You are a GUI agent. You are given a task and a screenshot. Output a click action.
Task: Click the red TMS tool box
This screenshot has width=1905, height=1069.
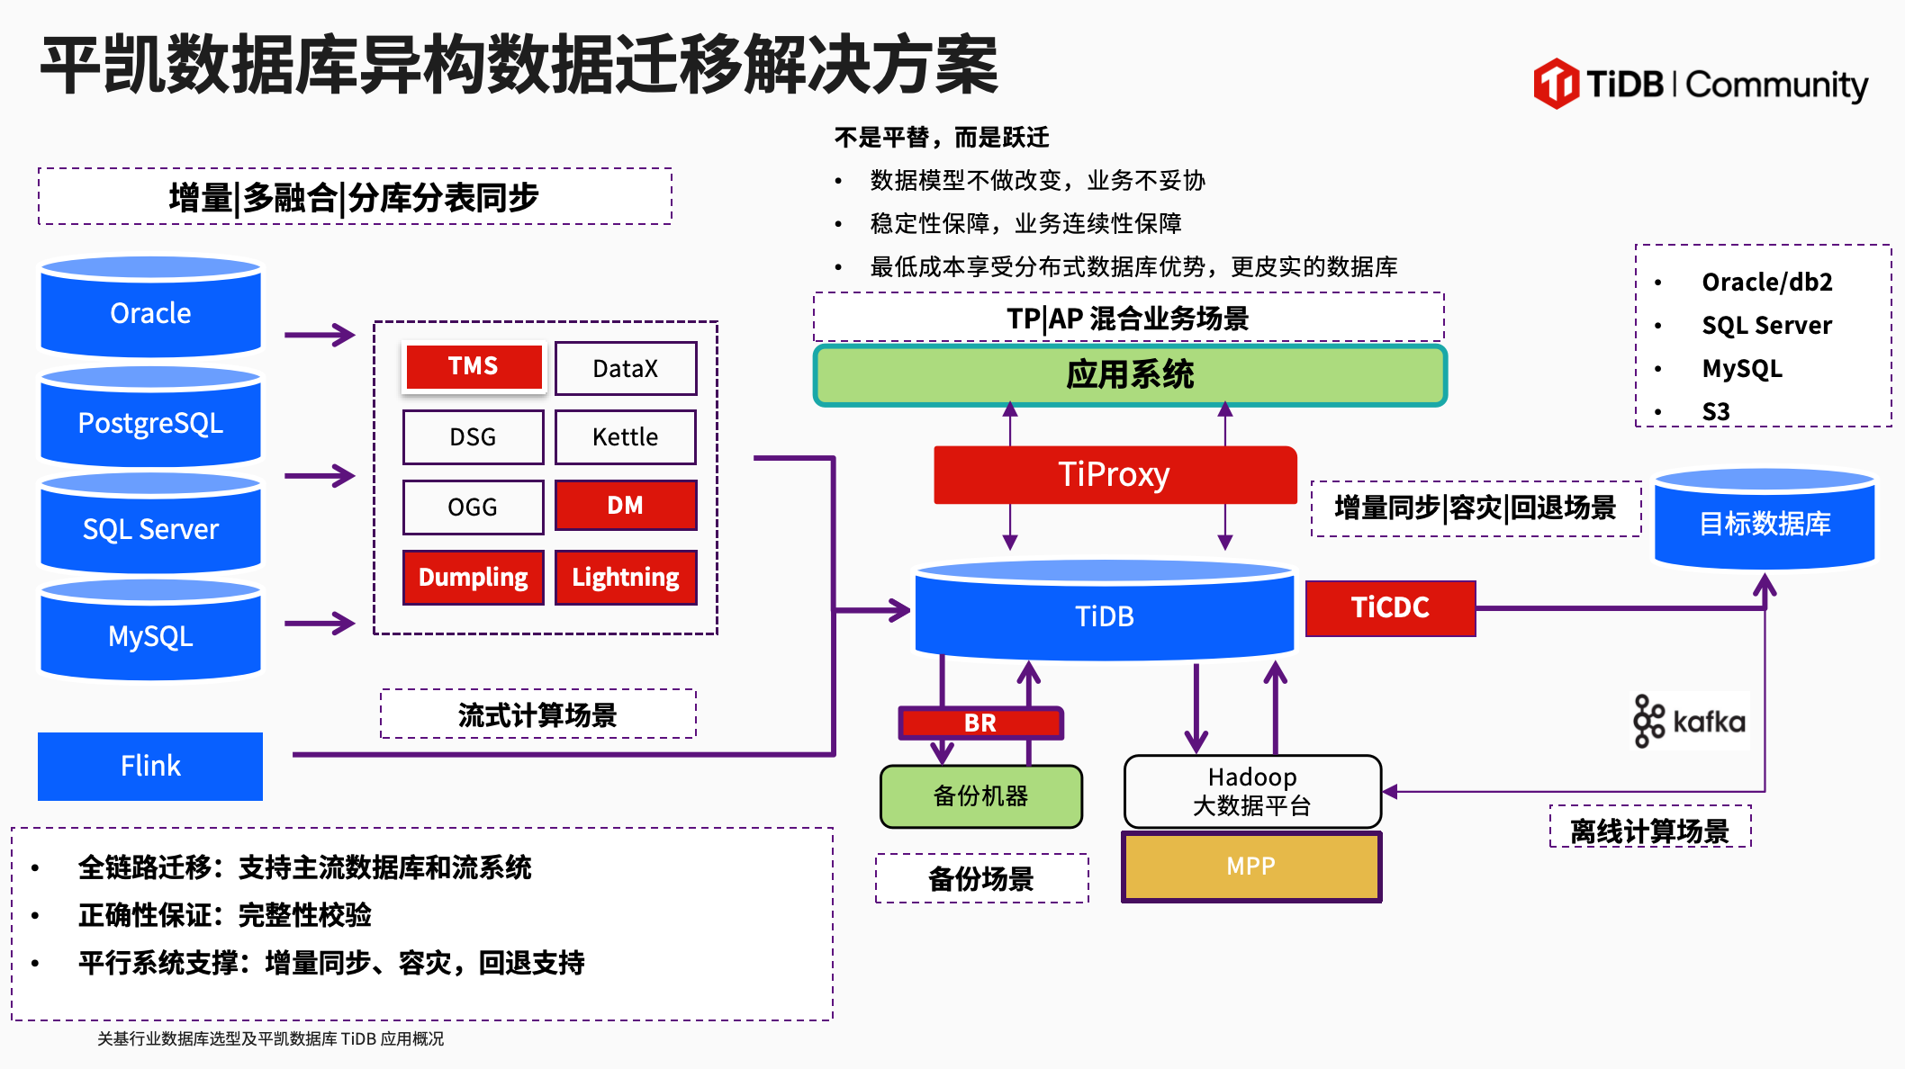pyautogui.click(x=474, y=366)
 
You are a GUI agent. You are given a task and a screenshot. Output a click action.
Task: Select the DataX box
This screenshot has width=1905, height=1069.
pyautogui.click(x=626, y=368)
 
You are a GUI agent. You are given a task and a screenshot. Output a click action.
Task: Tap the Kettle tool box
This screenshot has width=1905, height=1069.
pyautogui.click(x=626, y=437)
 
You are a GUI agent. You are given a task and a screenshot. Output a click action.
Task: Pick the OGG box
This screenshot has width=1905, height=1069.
pyautogui.click(x=473, y=507)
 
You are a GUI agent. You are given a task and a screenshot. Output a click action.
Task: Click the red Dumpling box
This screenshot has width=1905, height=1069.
pyautogui.click(x=474, y=577)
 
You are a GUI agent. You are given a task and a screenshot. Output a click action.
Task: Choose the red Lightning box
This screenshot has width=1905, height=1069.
pyautogui.click(x=626, y=577)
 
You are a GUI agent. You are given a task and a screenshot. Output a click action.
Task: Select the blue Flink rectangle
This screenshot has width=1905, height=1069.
pyautogui.click(x=150, y=766)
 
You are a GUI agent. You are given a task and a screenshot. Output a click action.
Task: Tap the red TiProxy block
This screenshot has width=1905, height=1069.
pyautogui.click(x=1115, y=474)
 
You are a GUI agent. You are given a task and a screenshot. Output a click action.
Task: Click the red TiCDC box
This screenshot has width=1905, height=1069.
pyautogui.click(x=1390, y=608)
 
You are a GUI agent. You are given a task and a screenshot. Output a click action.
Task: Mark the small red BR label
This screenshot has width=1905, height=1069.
pyautogui.click(x=980, y=723)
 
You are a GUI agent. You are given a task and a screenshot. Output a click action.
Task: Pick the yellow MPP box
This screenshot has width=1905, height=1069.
pyautogui.click(x=1251, y=867)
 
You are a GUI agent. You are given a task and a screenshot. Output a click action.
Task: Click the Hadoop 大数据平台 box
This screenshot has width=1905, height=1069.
pyautogui.click(x=1252, y=791)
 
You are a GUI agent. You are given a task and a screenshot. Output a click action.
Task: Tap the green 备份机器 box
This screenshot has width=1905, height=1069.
pyautogui.click(x=980, y=796)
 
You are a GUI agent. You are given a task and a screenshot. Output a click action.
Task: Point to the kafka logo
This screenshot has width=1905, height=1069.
pyautogui.click(x=1690, y=721)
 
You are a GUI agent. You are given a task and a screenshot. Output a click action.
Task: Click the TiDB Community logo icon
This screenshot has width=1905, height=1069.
pyautogui.click(x=1556, y=84)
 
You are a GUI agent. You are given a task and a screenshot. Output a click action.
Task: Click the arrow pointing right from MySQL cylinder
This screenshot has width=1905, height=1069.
pyautogui.click(x=320, y=623)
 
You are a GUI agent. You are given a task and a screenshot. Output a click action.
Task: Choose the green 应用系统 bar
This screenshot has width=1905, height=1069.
pyautogui.click(x=1130, y=375)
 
